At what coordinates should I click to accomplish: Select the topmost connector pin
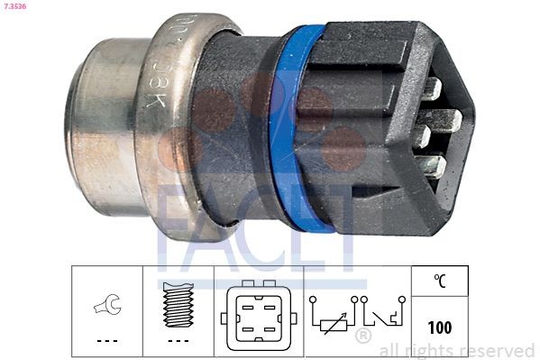point(431,88)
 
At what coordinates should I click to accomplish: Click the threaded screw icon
point(178,302)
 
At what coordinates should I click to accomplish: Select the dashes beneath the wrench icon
point(106,340)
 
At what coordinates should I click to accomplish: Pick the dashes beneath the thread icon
point(178,340)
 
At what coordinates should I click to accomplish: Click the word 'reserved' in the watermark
point(498,350)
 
